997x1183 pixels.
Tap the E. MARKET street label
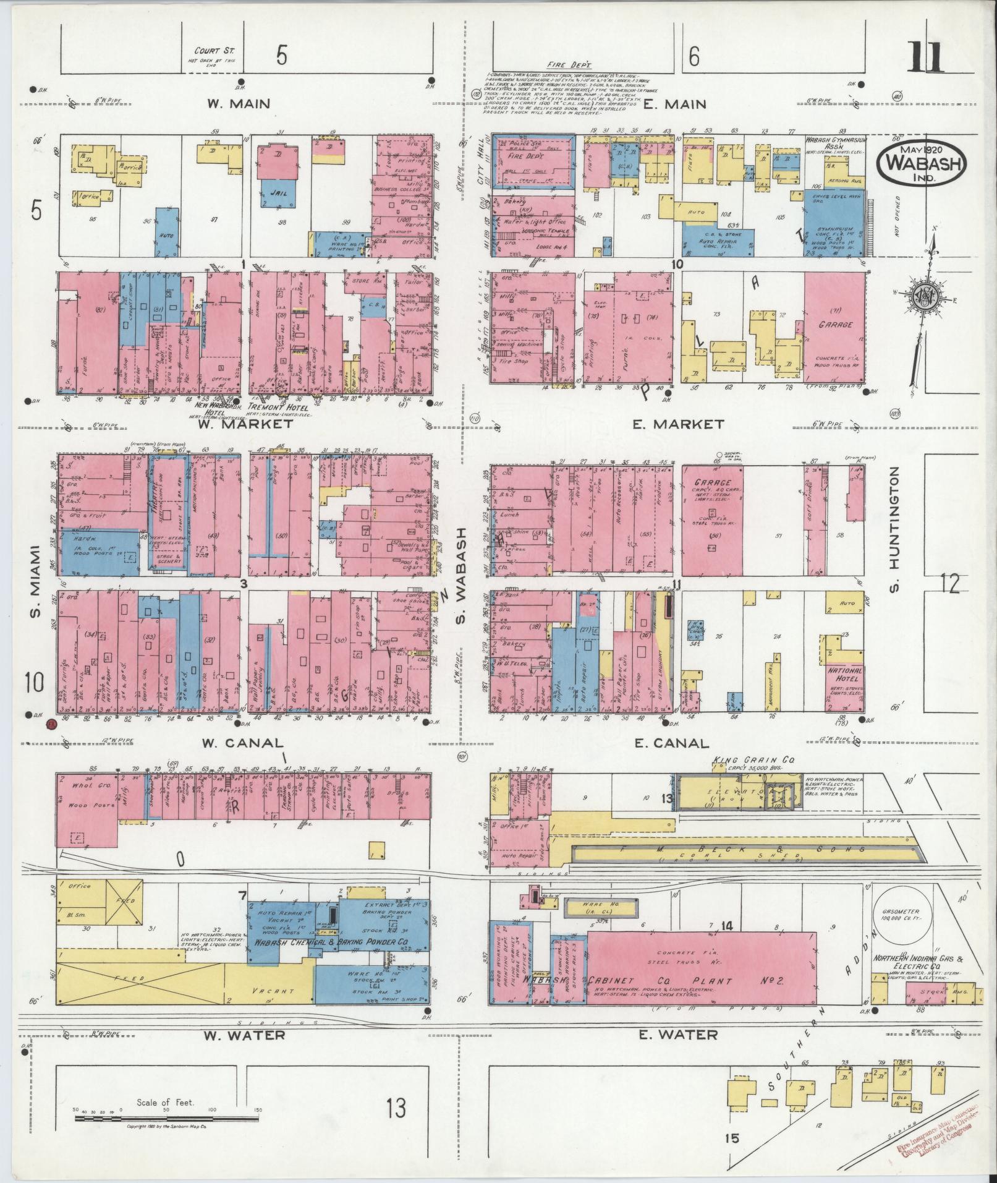[678, 424]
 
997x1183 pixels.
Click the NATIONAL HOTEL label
[845, 675]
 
